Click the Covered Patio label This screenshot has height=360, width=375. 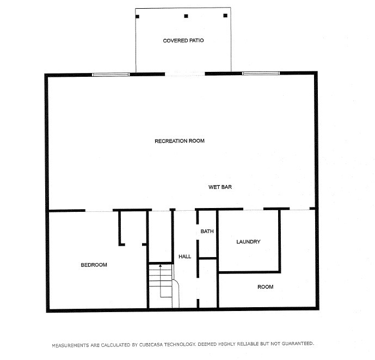(183, 41)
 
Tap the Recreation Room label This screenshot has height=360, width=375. (180, 141)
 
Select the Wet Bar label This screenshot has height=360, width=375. (220, 187)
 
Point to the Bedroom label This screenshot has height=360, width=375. (94, 265)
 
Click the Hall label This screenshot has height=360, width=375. (185, 257)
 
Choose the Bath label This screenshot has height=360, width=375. (207, 231)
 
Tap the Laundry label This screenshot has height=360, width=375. (248, 242)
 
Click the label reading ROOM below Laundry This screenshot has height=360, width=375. (266, 287)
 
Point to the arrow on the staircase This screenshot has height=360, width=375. (161, 266)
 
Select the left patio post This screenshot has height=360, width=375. (137, 16)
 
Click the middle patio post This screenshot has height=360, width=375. (186, 16)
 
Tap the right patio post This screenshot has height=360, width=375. (225, 16)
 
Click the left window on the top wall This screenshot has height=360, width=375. (110, 74)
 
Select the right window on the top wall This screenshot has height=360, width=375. (261, 73)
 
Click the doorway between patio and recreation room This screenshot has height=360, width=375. (185, 74)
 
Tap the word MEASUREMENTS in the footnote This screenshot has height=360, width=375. (70, 344)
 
